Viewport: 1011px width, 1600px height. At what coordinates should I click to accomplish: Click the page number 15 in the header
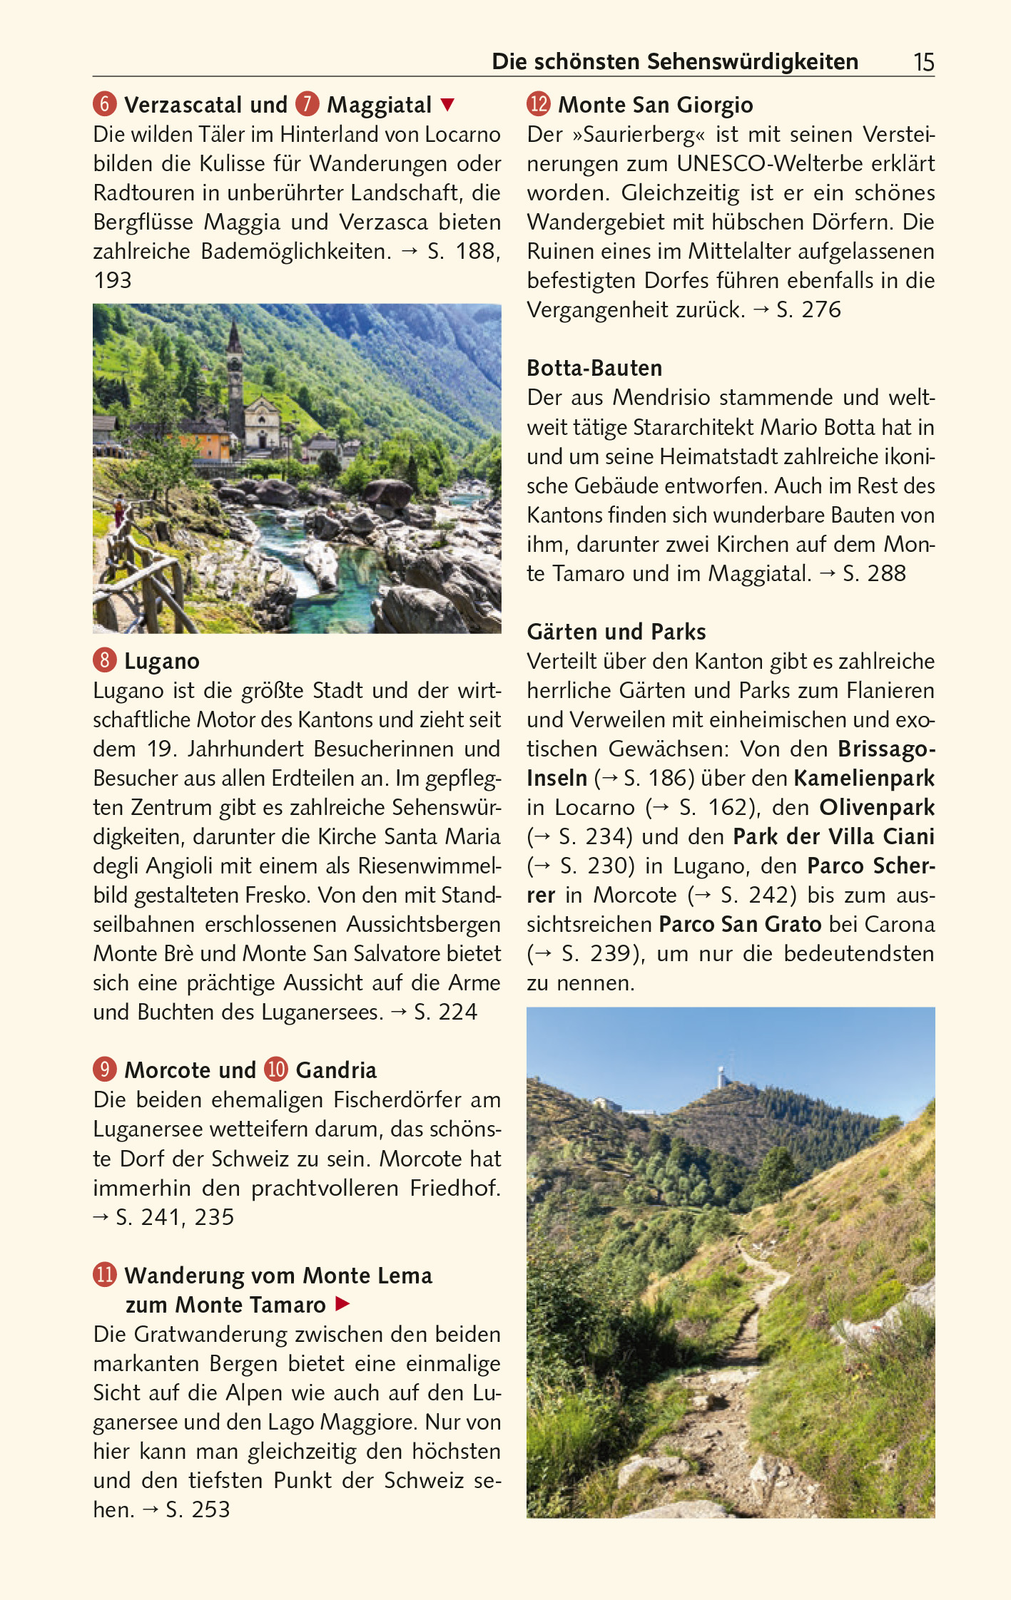pos(923,63)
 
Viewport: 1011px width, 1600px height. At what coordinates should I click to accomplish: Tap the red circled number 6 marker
pos(104,104)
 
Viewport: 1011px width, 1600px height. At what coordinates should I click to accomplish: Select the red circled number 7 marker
pos(307,104)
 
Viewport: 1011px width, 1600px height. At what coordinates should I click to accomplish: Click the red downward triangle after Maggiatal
pos(447,105)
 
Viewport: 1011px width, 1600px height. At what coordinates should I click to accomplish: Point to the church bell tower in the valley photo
pos(235,378)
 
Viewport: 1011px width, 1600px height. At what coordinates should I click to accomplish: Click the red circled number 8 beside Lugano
pos(104,660)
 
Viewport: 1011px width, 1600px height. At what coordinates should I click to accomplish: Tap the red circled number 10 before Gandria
pos(276,1070)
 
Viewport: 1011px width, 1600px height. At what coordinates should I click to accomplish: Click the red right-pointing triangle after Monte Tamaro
pos(342,1304)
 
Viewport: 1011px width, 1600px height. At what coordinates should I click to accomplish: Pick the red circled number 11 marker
pos(105,1275)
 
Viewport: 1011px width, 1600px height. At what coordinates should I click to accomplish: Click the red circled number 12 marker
pos(539,104)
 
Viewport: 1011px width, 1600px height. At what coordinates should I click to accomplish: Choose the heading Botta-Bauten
pos(594,368)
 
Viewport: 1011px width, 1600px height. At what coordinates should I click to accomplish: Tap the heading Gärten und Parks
pos(616,632)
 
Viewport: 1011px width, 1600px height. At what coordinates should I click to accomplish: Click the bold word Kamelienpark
pos(864,778)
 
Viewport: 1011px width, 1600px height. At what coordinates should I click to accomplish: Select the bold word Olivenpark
pos(877,807)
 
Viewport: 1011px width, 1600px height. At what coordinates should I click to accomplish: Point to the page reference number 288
pos(883,573)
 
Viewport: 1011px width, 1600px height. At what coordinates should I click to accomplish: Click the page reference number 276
pos(821,309)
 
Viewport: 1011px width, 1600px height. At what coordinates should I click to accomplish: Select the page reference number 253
pos(210,1509)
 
